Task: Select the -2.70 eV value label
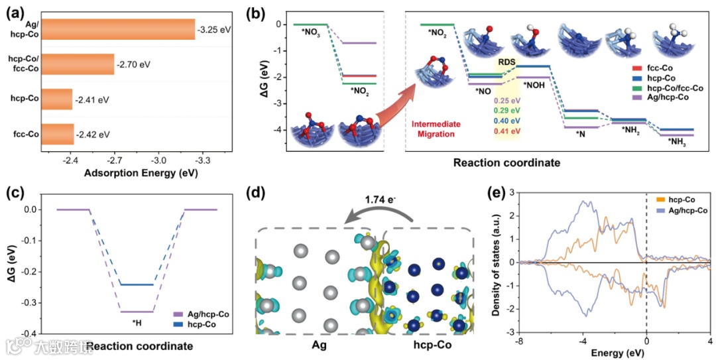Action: pos(135,65)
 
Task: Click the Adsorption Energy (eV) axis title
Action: pos(141,174)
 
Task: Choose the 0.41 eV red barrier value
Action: pos(507,133)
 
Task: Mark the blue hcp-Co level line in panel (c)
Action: pos(137,285)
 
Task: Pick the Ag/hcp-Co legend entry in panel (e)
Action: pos(685,211)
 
